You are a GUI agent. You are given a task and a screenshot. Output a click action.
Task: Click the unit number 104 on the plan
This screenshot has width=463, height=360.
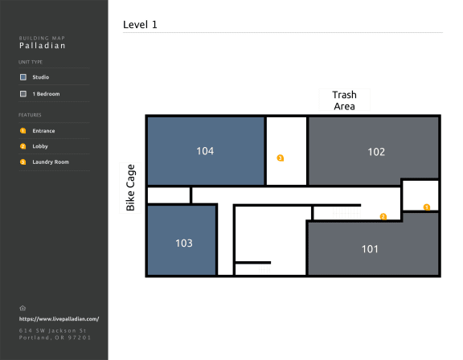pos(205,151)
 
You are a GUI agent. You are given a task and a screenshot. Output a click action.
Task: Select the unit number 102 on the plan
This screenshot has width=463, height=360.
pos(376,152)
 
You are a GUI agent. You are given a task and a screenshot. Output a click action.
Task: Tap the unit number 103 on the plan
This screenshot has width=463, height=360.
pos(184,243)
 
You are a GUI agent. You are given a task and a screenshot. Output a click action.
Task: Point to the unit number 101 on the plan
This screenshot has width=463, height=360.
pos(370,249)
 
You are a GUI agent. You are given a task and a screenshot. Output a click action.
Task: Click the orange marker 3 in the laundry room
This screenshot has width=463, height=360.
pos(281,158)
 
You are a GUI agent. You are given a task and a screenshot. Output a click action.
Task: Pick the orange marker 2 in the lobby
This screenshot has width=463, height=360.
pos(383,217)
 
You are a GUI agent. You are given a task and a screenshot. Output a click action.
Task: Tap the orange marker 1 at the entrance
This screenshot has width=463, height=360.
pos(427,207)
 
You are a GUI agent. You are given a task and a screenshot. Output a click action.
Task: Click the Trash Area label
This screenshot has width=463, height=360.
pos(344,100)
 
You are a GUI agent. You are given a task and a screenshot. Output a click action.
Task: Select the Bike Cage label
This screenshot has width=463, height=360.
pos(130,188)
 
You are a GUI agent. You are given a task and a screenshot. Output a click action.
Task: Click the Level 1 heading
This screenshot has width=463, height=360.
pos(140,24)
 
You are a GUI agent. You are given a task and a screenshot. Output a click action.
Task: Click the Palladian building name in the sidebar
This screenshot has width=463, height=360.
pos(43,46)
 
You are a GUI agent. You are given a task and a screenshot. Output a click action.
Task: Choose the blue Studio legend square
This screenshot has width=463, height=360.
pos(23,77)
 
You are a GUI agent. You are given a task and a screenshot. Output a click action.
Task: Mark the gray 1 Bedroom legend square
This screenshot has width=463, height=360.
pos(23,94)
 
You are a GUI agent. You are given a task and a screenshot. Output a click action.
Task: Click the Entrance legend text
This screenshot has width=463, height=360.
pos(43,131)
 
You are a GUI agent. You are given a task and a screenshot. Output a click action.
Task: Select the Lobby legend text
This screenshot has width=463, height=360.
pos(40,146)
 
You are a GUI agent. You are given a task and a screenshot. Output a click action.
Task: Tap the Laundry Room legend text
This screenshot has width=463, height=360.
pos(51,162)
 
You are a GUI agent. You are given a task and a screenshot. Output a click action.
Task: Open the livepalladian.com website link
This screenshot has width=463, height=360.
pos(59,319)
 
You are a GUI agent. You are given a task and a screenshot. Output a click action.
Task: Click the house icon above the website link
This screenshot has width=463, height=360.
pos(23,308)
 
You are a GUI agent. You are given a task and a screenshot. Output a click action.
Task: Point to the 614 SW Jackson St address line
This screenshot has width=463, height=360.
pos(52,330)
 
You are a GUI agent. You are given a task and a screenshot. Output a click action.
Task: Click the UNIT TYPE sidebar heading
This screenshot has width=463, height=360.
pos(31,62)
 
